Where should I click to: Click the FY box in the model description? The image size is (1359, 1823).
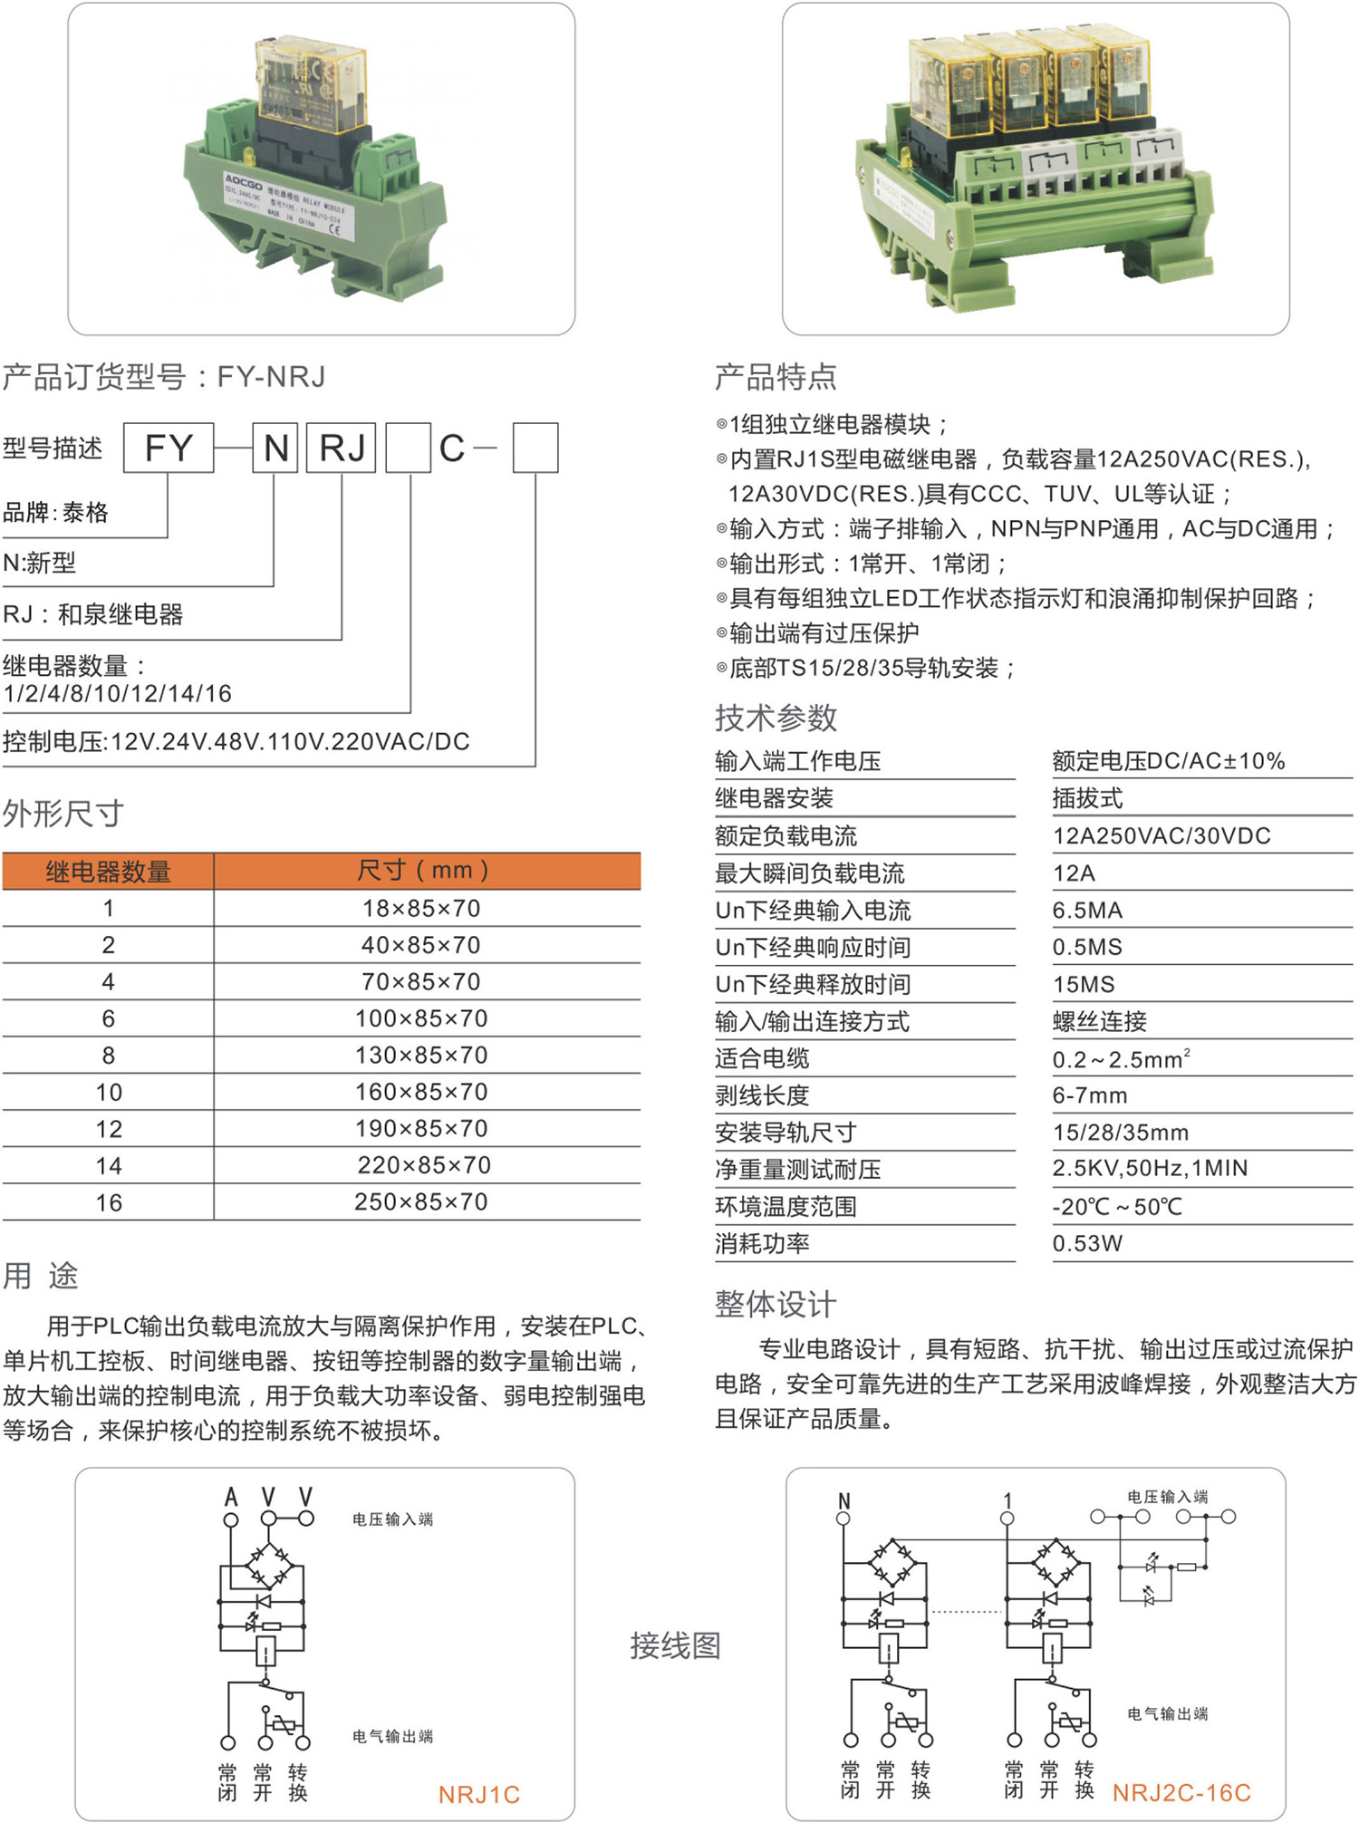169,448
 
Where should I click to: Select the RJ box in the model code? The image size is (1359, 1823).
342,448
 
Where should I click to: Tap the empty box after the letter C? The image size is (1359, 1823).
535,448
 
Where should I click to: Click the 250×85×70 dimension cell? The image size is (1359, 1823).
421,1202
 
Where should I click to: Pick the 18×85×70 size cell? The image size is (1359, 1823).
421,909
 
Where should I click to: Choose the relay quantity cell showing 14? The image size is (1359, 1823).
109,1166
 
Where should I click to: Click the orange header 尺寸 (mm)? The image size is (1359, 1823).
423,871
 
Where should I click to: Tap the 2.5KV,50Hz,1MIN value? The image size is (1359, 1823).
1150,1169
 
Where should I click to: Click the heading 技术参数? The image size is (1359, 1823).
776,718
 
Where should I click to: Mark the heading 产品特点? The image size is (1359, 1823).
776,377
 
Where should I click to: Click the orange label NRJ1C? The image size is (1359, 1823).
478,1795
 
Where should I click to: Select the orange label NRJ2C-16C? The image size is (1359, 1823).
1181,1793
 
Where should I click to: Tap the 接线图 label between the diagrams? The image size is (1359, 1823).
676,1645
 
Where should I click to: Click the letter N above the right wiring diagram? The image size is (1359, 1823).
844,1501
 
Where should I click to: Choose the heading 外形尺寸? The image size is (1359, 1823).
63,814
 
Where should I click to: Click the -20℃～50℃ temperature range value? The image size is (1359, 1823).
1117,1207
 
